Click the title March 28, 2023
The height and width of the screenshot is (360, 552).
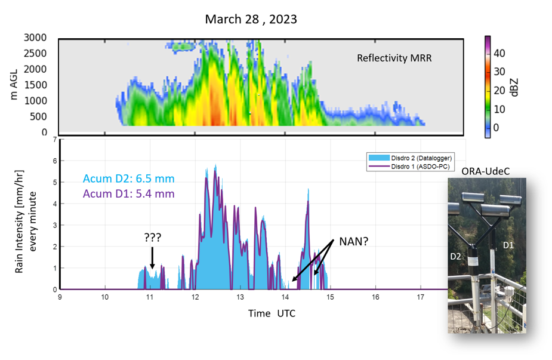251,19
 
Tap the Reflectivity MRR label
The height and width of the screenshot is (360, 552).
394,58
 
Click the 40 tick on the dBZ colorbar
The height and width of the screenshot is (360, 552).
499,53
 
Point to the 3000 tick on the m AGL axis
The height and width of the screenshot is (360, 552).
36,38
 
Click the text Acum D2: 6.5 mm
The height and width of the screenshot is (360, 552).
129,179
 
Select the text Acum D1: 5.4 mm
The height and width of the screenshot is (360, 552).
129,194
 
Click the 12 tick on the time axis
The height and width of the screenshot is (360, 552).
195,296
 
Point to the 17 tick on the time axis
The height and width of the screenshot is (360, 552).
421,296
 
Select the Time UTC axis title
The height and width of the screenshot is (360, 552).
272,313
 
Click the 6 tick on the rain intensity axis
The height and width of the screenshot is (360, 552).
54,161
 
